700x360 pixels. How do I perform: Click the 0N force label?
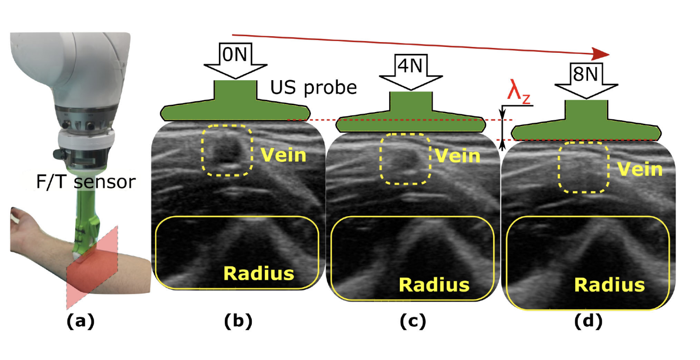pos(235,54)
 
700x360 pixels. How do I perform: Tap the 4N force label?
pos(410,66)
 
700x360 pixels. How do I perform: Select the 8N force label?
pos(585,74)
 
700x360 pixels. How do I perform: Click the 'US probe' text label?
pos(313,88)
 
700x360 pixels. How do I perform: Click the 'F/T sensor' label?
pos(86,182)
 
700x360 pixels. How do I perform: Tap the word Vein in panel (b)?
pos(284,155)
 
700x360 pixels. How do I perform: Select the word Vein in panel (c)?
pos(458,156)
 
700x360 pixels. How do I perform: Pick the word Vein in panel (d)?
pos(640,169)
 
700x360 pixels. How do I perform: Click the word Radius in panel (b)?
pos(259,273)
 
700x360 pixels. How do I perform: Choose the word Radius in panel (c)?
pos(434,285)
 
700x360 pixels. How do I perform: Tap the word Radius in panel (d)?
pos(610,285)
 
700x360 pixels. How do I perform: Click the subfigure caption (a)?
pos(81,321)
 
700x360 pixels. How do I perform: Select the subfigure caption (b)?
pos(238,321)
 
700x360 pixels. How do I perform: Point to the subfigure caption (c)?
pos(413,321)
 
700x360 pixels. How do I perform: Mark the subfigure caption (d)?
pos(589,321)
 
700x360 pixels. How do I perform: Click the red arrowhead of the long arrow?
pos(600,54)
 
